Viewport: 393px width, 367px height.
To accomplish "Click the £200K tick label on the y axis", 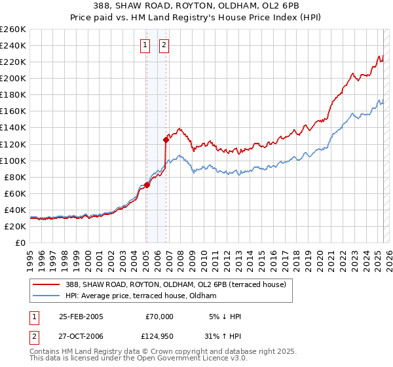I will (12, 78).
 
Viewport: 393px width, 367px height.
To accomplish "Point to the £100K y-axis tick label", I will (12, 161).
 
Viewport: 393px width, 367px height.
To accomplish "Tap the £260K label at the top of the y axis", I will (12, 29).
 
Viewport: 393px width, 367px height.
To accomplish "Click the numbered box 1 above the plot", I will (145, 45).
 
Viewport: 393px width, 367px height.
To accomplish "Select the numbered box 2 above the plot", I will (164, 45).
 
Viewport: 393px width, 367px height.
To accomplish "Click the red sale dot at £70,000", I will (147, 185).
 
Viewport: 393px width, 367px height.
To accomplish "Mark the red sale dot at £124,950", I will (166, 140).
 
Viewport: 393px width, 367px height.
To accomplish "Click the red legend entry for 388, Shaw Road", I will (175, 285).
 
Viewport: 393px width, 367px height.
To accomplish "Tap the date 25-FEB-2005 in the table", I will (81, 317).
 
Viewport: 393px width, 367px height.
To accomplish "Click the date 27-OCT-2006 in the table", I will (81, 336).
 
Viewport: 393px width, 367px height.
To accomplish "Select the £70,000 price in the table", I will (159, 317).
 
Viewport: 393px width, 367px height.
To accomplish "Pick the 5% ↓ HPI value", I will (225, 317).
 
